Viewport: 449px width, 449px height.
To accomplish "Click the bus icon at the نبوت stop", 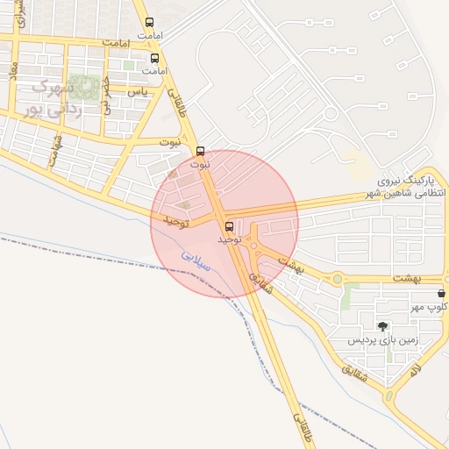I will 201,151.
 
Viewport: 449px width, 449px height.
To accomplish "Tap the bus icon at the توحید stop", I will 230,224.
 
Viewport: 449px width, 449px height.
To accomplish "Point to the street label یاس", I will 137,91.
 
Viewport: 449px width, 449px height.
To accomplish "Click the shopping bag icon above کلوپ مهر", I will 440,294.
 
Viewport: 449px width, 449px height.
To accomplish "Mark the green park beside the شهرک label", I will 84,88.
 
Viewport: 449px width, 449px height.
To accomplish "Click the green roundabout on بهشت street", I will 337,279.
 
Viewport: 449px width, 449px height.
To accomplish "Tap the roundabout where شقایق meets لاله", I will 388,398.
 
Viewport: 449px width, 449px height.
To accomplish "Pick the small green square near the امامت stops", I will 129,64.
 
